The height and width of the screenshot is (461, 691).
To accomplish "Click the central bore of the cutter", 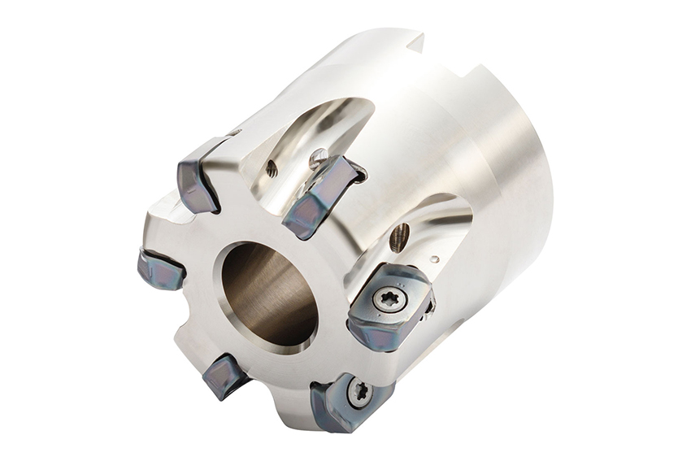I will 268,293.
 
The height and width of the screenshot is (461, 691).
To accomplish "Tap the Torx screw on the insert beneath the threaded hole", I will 389,299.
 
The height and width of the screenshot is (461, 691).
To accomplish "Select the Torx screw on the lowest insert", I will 360,394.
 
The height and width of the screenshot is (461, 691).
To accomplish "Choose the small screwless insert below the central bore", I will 224,376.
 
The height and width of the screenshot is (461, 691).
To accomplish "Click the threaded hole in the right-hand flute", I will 398,237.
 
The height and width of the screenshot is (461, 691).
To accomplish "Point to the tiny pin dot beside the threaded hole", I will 437,259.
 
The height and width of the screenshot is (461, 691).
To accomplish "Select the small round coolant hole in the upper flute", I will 272,170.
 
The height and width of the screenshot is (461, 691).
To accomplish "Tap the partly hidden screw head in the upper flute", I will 319,155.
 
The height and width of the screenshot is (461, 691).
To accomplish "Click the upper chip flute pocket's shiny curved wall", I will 317,122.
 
